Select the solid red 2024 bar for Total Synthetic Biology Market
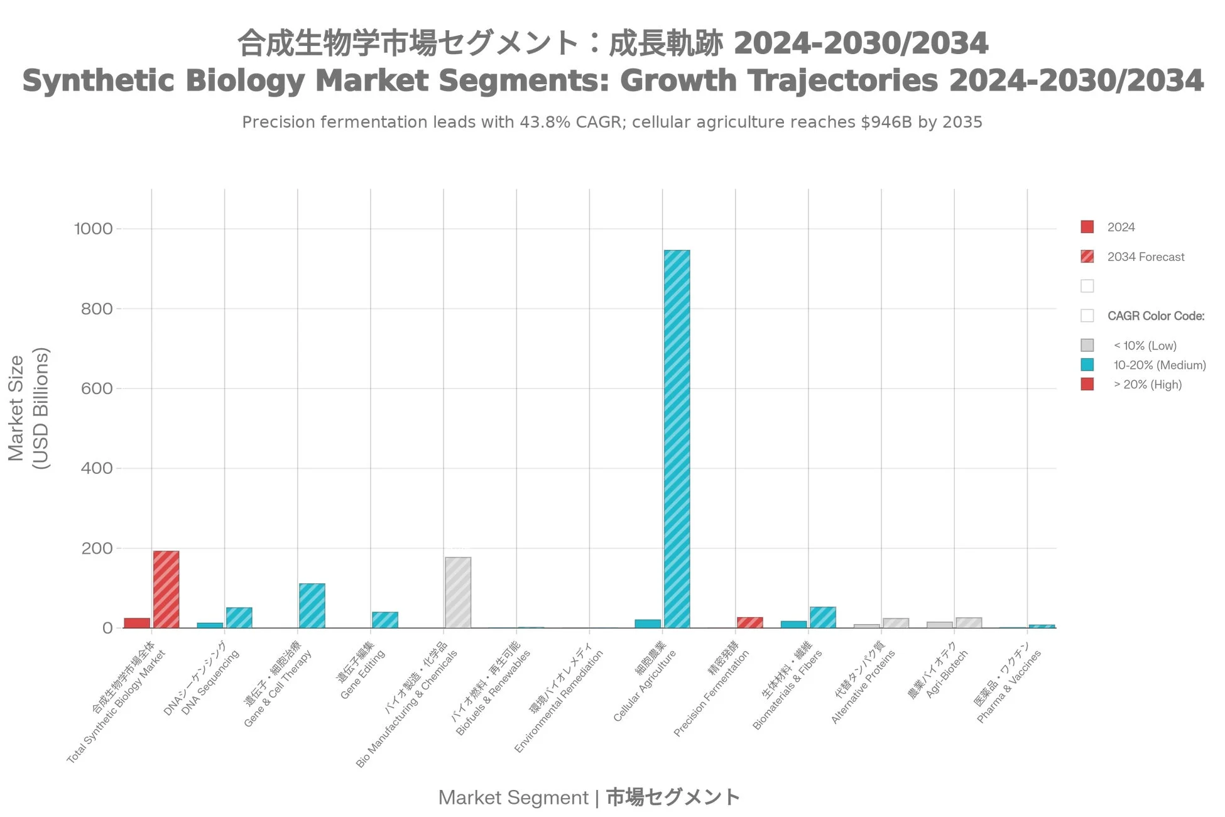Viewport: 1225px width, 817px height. (x=137, y=623)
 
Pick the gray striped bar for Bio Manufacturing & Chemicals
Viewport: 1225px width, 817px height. (x=458, y=592)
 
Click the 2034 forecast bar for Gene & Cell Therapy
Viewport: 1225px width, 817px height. (x=312, y=605)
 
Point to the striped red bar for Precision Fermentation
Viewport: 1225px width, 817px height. (x=749, y=622)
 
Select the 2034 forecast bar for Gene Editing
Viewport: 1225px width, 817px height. (x=384, y=620)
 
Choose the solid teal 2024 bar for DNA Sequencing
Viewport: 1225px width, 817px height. (x=210, y=625)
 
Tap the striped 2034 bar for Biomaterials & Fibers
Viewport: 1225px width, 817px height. (x=822, y=617)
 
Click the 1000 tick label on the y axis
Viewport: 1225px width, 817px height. (x=94, y=229)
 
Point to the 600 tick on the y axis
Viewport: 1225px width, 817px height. (x=97, y=388)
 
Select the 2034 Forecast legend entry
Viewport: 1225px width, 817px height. (x=1145, y=257)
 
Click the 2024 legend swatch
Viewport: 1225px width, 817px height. (x=1087, y=227)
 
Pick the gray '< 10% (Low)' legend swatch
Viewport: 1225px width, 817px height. (x=1087, y=345)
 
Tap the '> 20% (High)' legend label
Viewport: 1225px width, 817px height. (x=1147, y=385)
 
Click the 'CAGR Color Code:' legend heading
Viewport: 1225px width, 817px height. (x=1155, y=316)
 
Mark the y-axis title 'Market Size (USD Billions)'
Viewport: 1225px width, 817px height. (x=28, y=409)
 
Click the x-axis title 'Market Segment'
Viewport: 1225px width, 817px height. (x=513, y=798)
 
